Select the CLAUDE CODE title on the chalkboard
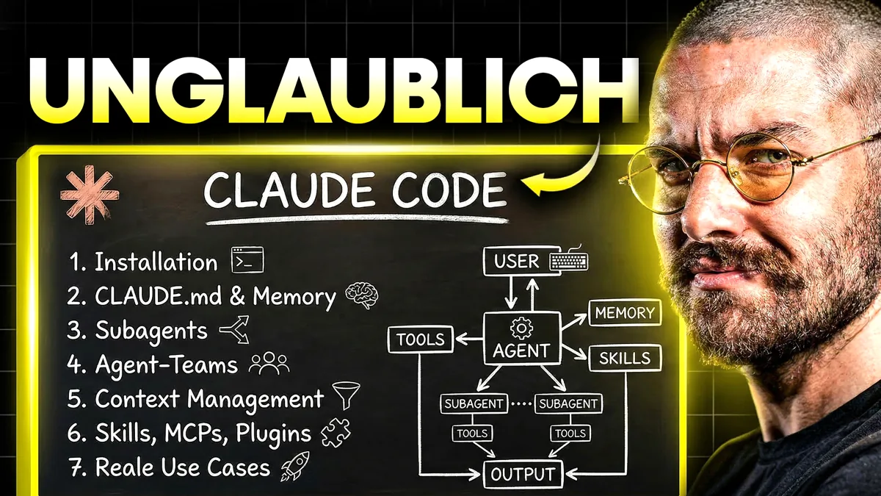tap(355, 189)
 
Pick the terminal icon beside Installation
tap(247, 261)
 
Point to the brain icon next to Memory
tap(361, 295)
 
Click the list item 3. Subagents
tap(138, 331)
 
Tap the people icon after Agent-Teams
tap(269, 364)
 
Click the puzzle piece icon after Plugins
tap(338, 432)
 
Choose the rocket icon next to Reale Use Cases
tap(295, 467)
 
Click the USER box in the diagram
tap(517, 262)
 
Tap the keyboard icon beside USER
tap(568, 261)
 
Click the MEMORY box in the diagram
tap(624, 312)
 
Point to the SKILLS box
tap(625, 358)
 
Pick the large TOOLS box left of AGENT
tap(420, 339)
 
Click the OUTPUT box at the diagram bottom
tap(523, 473)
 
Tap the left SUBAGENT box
tap(474, 403)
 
